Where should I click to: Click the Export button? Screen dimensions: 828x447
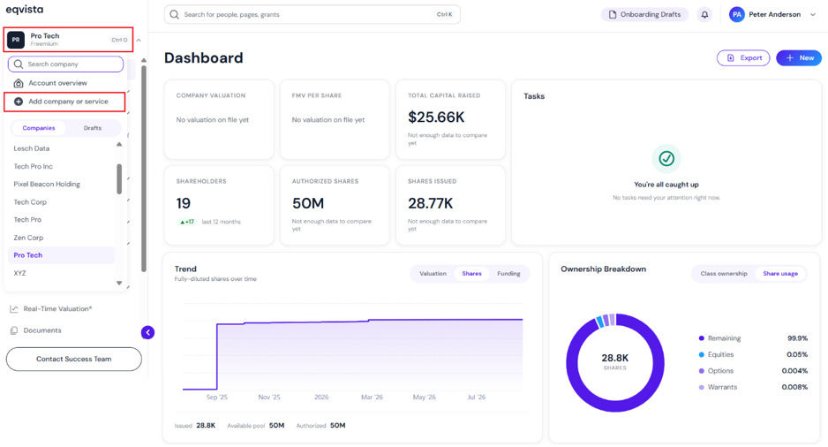point(743,57)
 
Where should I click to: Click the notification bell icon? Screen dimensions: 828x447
point(704,15)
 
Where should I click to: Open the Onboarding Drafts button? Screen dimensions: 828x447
point(644,14)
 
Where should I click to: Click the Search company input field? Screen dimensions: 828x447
point(65,64)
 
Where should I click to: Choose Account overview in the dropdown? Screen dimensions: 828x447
point(57,83)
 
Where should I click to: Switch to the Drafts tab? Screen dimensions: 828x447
point(93,128)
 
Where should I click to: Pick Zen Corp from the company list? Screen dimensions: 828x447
point(28,238)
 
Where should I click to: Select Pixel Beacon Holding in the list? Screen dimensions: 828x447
point(47,184)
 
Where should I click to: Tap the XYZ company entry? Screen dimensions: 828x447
point(19,273)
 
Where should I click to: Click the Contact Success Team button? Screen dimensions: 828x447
point(74,359)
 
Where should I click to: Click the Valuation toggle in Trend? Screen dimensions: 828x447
point(433,274)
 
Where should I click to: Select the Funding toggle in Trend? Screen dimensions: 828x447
point(508,274)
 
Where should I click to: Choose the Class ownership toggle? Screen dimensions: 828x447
point(724,274)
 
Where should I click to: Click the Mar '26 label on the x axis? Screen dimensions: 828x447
point(372,398)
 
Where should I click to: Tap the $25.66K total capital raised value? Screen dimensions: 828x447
point(436,117)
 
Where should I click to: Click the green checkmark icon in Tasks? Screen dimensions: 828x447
point(666,158)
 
